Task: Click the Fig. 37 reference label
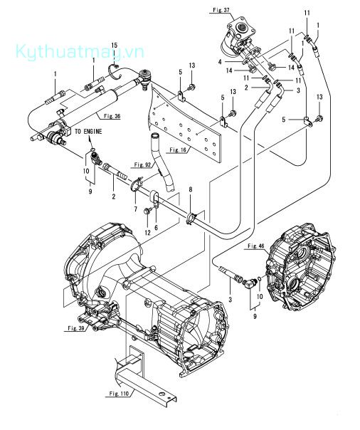[x=221, y=10]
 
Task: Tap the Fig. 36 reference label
[x=112, y=116]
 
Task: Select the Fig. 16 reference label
[x=178, y=150]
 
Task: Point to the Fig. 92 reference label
[x=142, y=165]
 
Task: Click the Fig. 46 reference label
[x=256, y=246]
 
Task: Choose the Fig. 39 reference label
[x=76, y=328]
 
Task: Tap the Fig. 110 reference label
[x=119, y=394]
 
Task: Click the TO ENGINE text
[x=88, y=132]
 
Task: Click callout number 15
[x=115, y=46]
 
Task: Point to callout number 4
[x=220, y=62]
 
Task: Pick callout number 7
[x=136, y=209]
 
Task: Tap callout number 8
[x=191, y=189]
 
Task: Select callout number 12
[x=148, y=233]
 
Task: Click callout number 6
[x=156, y=228]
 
